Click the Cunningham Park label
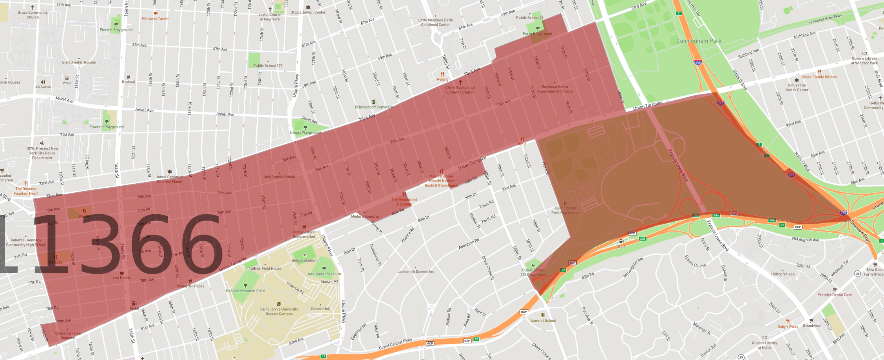pyautogui.click(x=698, y=41)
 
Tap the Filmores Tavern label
pyautogui.click(x=156, y=18)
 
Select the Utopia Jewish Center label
pyautogui.click(x=308, y=12)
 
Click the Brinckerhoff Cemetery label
pyautogui.click(x=373, y=107)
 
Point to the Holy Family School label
pyautogui.click(x=279, y=177)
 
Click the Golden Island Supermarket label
pyautogui.click(x=304, y=234)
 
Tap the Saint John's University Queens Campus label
pyautogui.click(x=279, y=311)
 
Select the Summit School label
pyautogui.click(x=543, y=320)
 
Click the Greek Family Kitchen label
pyautogui.click(x=819, y=77)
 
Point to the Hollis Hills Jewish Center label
pyautogui.click(x=797, y=87)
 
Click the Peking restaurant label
pyautogui.click(x=442, y=79)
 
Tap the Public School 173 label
pyautogui.click(x=268, y=65)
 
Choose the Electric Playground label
pyautogui.click(x=116, y=30)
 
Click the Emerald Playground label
pyautogui.click(x=106, y=127)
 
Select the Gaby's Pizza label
pyautogui.click(x=788, y=326)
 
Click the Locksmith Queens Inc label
pyautogui.click(x=415, y=271)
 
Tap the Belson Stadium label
pyautogui.click(x=304, y=260)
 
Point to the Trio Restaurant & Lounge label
pyautogui.click(x=404, y=201)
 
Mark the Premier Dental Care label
pyautogui.click(x=835, y=295)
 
